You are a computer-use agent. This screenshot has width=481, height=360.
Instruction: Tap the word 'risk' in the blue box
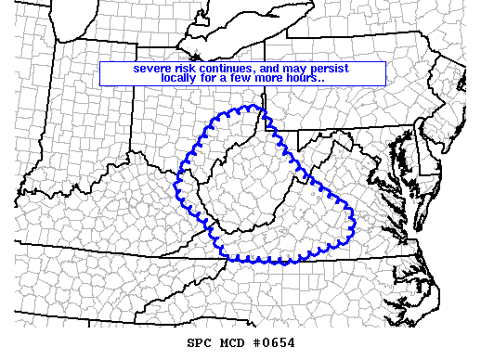pyautogui.click(x=188, y=69)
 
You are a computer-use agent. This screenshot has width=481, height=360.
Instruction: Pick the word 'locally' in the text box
pyautogui.click(x=181, y=79)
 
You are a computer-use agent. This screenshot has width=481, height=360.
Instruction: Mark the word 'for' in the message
pyautogui.click(x=216, y=79)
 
